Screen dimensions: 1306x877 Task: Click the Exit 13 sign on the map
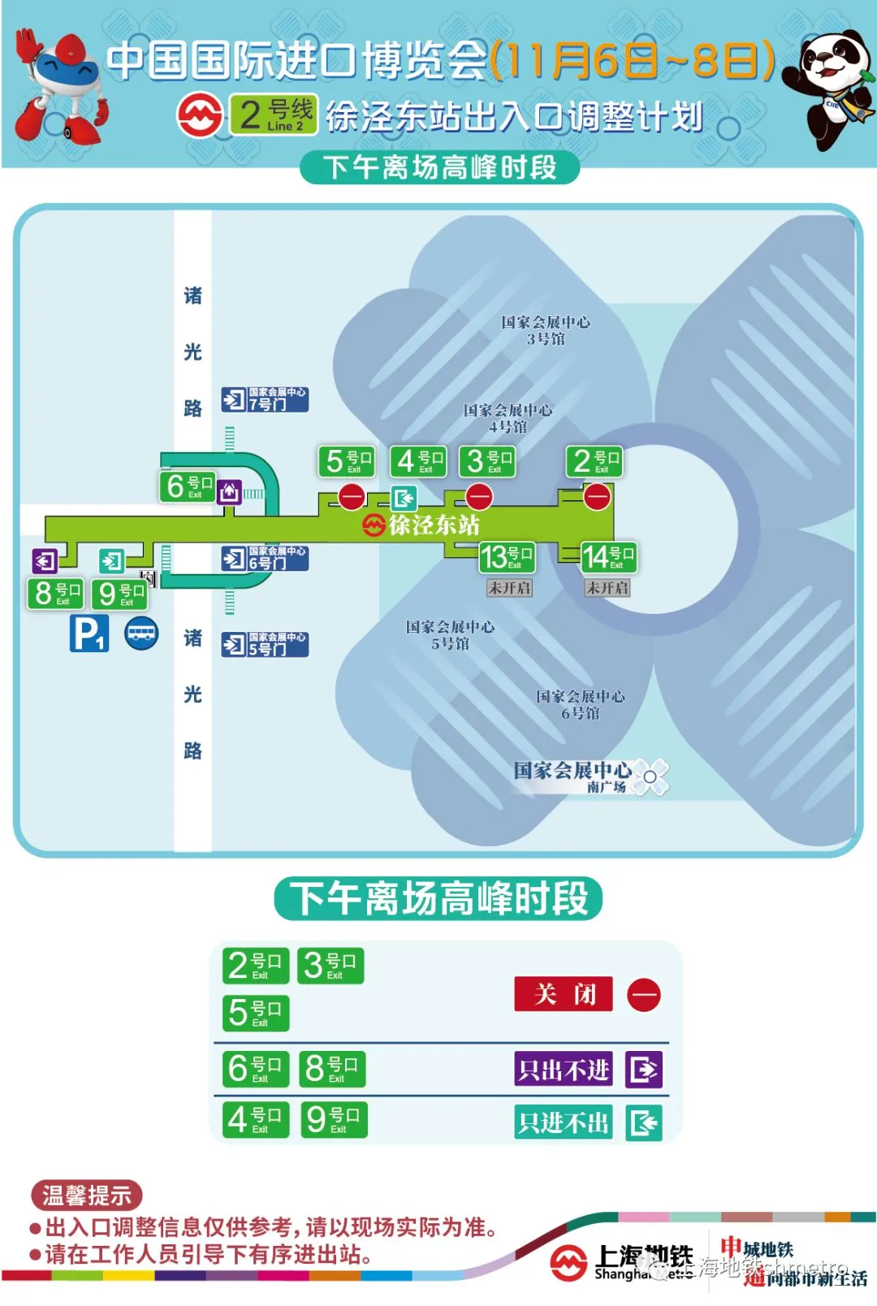point(507,557)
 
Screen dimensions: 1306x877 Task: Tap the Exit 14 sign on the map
point(608,557)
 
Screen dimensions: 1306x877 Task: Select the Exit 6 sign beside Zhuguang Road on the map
point(188,487)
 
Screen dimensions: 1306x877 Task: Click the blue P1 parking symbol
point(89,634)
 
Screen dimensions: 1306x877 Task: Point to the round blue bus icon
point(141,634)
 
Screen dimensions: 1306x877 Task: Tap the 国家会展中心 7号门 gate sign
point(266,400)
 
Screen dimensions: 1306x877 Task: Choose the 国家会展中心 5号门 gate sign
point(266,645)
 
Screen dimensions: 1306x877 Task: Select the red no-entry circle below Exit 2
point(597,496)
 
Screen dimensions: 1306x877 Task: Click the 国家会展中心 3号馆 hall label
point(546,331)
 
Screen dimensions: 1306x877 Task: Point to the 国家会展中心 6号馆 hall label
point(581,705)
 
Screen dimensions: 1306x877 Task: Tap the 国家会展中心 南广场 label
point(572,776)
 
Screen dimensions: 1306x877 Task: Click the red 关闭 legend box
point(564,994)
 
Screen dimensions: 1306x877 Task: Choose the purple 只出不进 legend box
point(564,1069)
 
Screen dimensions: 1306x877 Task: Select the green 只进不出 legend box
point(564,1122)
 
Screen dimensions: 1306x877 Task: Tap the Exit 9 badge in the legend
point(334,1119)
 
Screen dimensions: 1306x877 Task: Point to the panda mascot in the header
point(832,89)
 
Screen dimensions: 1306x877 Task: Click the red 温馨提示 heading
point(86,1195)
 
